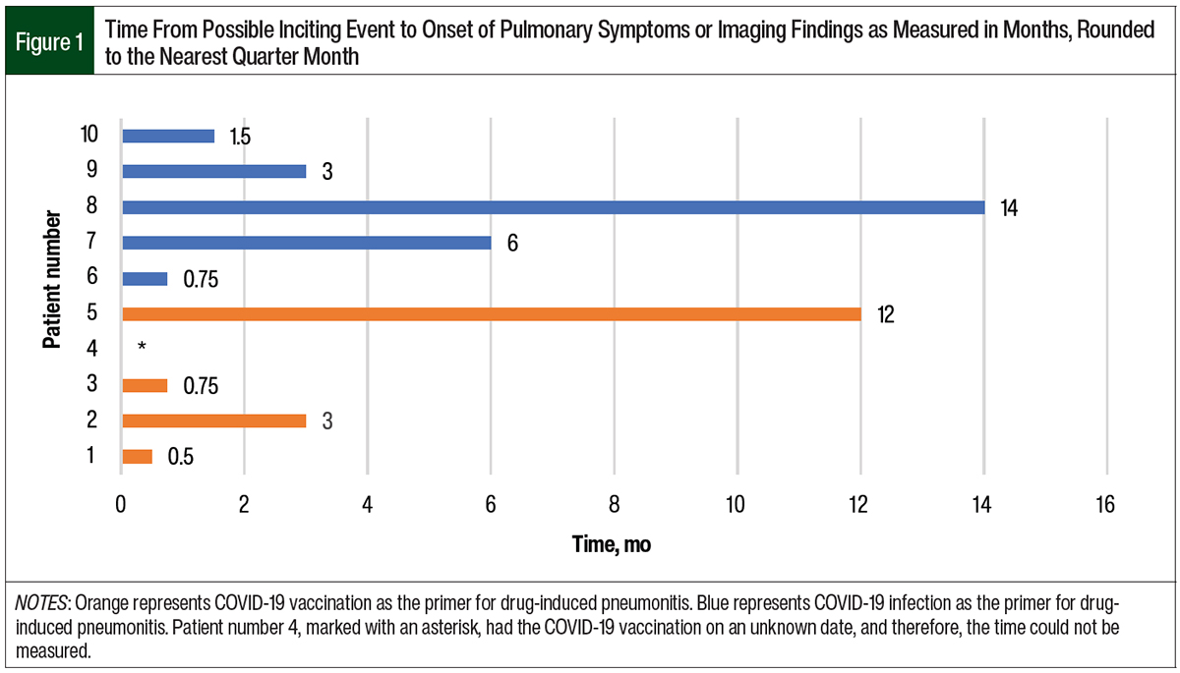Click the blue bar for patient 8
click(x=553, y=206)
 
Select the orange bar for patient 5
click(x=491, y=313)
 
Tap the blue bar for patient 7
click(x=306, y=243)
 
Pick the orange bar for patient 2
click(x=213, y=421)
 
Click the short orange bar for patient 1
click(x=137, y=456)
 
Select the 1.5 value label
click(x=239, y=137)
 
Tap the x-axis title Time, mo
click(x=612, y=543)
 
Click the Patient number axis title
click(x=51, y=296)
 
